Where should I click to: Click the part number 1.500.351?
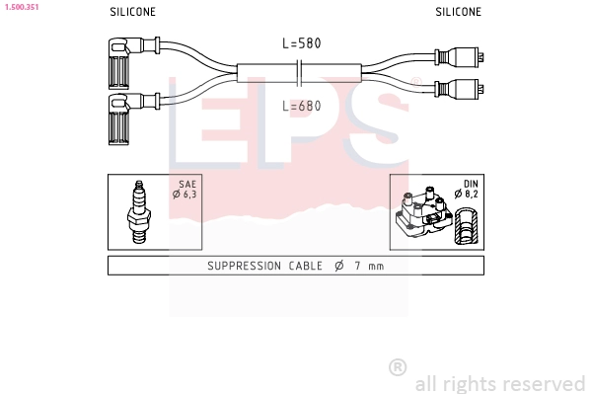22,7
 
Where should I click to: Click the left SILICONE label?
132,12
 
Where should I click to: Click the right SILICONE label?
459,12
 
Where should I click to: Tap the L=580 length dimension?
302,43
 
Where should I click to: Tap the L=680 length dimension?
302,106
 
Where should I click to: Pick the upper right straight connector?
459,57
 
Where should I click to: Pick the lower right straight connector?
459,89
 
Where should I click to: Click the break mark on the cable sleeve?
300,72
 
